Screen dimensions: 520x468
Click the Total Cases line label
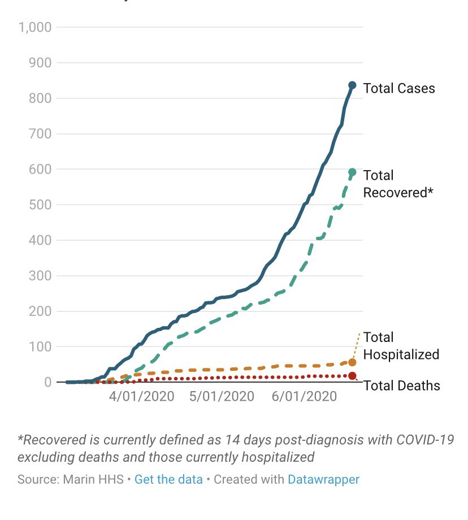point(399,88)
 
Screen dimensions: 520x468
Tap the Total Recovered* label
point(398,184)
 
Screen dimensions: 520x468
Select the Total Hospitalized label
point(401,346)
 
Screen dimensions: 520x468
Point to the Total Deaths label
point(401,386)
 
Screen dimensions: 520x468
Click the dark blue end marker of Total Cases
point(352,85)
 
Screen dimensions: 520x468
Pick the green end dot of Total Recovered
point(352,172)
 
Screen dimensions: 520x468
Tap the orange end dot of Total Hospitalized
point(352,362)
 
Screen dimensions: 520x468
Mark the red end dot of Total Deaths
point(352,376)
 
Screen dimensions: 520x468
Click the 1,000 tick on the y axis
point(35,27)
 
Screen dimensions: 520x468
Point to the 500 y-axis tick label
point(40,205)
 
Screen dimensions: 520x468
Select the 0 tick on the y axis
point(48,382)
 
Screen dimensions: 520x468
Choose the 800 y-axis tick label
point(40,98)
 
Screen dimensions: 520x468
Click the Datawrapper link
point(323,479)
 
